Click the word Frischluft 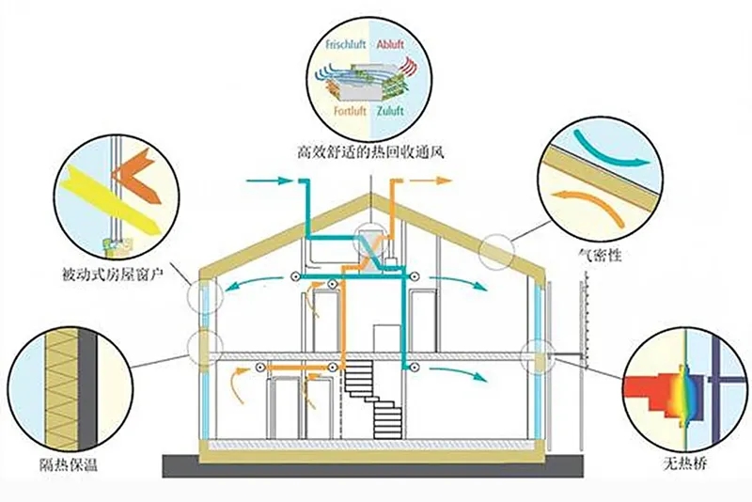[346, 44]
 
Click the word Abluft [390, 44]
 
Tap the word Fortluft [350, 111]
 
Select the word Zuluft [389, 111]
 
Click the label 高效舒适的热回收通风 [370, 152]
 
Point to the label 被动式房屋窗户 [113, 275]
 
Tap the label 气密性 [600, 255]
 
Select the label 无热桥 [685, 463]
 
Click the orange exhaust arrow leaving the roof [431, 180]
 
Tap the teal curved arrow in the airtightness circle [610, 150]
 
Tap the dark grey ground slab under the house [372, 466]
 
